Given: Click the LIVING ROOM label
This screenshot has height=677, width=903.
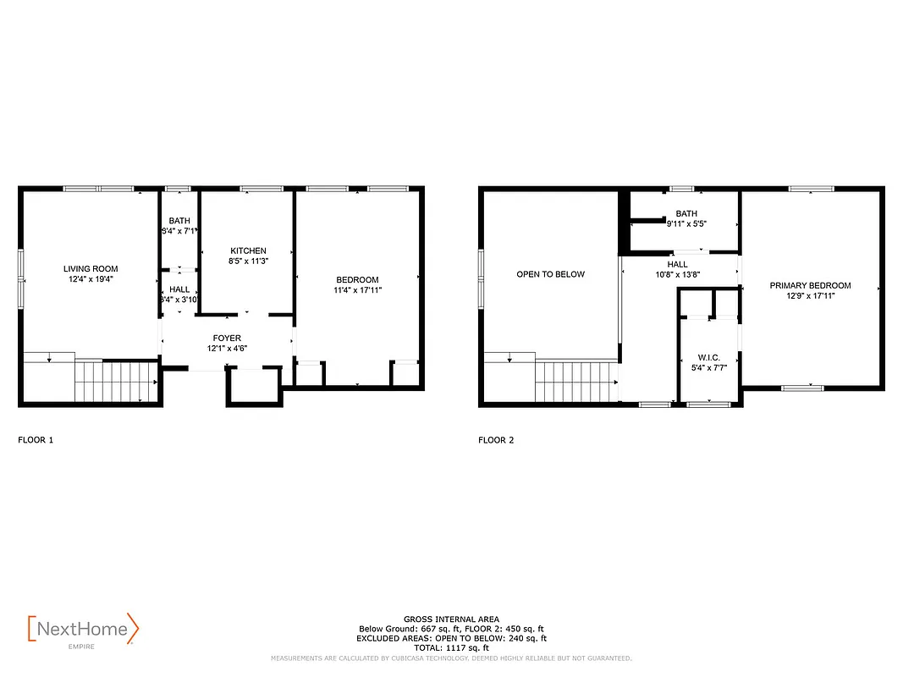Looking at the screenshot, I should [x=91, y=268].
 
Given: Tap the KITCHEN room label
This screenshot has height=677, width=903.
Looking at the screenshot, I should [x=248, y=250].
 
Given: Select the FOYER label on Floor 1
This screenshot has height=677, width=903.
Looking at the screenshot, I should [x=228, y=338].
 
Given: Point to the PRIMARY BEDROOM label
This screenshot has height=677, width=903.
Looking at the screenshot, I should [x=810, y=285].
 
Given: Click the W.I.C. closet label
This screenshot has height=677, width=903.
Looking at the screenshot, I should [x=708, y=357].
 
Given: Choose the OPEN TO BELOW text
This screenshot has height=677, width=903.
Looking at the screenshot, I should [x=550, y=274].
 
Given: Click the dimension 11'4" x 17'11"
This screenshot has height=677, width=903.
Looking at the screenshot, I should [x=357, y=290].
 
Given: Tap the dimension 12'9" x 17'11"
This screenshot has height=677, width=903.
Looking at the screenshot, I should [x=810, y=296].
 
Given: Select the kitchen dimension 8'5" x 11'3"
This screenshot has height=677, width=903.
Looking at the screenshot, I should [x=248, y=261].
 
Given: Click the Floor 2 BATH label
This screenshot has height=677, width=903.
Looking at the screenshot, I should [x=686, y=213].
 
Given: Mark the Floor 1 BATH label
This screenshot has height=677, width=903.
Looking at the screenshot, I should [x=179, y=220].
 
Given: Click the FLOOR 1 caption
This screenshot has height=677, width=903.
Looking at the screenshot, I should [x=36, y=440].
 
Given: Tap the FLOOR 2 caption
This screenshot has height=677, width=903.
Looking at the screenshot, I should [x=496, y=440].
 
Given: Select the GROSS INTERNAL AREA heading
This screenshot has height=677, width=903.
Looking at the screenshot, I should [x=451, y=619].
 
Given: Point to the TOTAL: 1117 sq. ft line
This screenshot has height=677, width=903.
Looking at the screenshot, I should [x=451, y=647].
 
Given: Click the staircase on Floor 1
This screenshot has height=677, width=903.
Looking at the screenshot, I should [x=116, y=381].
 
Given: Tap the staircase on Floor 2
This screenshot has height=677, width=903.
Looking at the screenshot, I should [x=575, y=381].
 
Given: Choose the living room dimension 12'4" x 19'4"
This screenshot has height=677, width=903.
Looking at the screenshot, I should [x=91, y=279].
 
